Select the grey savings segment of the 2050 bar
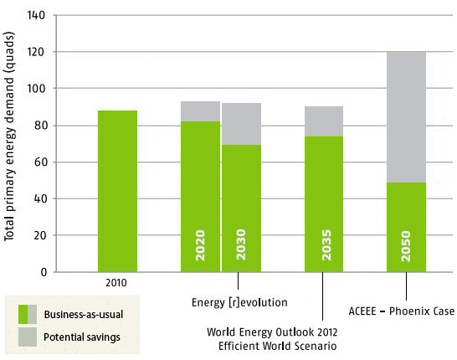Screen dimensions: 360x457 pyautogui.click(x=407, y=116)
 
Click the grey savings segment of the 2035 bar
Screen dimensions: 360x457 pyautogui.click(x=323, y=121)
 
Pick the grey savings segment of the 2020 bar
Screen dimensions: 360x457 pyautogui.click(x=200, y=111)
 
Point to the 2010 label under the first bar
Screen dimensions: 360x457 pyautogui.click(x=117, y=283)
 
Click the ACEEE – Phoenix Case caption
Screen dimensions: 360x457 pyautogui.click(x=402, y=311)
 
